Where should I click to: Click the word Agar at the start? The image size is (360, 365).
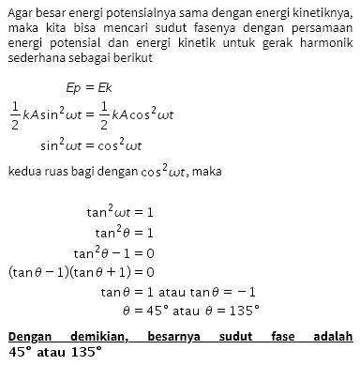pos(20,11)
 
